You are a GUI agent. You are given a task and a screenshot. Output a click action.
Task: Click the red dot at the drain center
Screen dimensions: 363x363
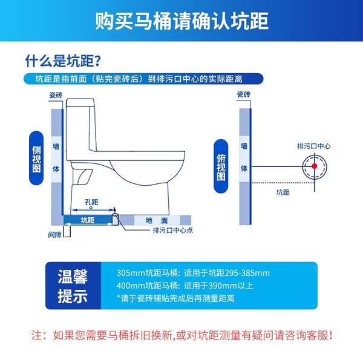(x=314, y=166)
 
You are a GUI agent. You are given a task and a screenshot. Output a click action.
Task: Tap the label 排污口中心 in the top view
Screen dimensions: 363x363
(x=313, y=146)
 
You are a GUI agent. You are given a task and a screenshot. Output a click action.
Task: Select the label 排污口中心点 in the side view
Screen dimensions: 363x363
(x=172, y=230)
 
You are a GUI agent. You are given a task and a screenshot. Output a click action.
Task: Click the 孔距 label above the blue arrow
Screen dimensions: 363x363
(x=92, y=202)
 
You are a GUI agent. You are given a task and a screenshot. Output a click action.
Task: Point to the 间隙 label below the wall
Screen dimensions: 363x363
(x=55, y=235)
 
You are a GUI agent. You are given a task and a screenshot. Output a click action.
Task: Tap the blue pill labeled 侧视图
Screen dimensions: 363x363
(x=36, y=158)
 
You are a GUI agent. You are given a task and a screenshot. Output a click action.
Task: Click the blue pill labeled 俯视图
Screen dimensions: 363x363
(x=221, y=166)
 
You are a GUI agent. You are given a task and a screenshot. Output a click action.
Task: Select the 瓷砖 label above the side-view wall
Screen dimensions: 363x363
(x=56, y=95)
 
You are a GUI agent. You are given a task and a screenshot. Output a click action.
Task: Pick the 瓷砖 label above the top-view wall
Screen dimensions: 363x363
(x=244, y=94)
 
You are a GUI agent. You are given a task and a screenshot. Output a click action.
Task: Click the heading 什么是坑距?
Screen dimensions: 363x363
(x=63, y=61)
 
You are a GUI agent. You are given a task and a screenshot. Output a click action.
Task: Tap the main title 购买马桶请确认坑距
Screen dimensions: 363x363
(x=181, y=21)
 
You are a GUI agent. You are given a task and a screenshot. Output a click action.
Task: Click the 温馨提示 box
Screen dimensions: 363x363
(x=73, y=286)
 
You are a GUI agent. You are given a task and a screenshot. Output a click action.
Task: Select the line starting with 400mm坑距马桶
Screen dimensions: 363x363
(x=185, y=286)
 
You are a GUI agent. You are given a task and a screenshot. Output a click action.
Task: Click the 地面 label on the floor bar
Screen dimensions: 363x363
(x=157, y=220)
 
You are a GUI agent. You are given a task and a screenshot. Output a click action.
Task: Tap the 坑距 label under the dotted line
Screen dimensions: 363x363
(x=283, y=192)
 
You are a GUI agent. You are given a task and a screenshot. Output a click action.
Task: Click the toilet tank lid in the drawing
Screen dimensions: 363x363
(x=80, y=103)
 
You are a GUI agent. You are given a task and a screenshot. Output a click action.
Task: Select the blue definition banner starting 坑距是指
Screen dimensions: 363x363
(x=143, y=79)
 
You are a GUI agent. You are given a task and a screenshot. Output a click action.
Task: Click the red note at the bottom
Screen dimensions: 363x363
(x=181, y=335)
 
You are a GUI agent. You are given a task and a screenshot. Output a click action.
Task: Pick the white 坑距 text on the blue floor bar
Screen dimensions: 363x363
(x=88, y=220)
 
